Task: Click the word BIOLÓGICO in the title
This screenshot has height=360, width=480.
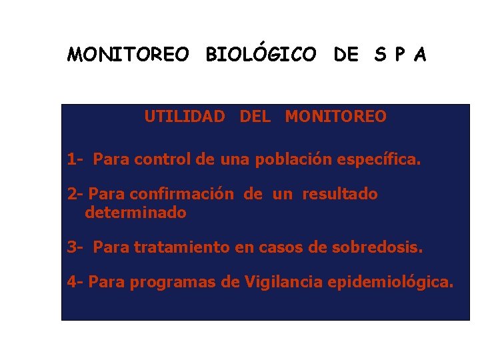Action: coord(261,55)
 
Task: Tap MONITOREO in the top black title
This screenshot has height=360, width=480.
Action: coord(128,55)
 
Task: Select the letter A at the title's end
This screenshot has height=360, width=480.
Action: coord(419,55)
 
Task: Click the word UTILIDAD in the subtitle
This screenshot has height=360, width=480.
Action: coord(185,117)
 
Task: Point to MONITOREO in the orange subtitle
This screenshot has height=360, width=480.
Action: coord(335,117)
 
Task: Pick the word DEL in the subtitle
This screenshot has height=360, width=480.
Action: coord(255,117)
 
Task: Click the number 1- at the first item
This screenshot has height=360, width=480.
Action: coord(75,160)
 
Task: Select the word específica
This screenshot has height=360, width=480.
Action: coord(381,160)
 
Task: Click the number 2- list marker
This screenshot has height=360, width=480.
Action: coord(75,195)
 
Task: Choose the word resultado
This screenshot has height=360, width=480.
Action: coord(340,195)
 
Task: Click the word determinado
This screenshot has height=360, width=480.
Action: coord(135,213)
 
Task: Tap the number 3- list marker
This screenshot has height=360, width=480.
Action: coord(75,248)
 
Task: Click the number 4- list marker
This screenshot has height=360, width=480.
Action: coord(75,282)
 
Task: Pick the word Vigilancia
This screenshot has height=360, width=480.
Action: coord(283,282)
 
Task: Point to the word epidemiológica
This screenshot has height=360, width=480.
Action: coord(390,282)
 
